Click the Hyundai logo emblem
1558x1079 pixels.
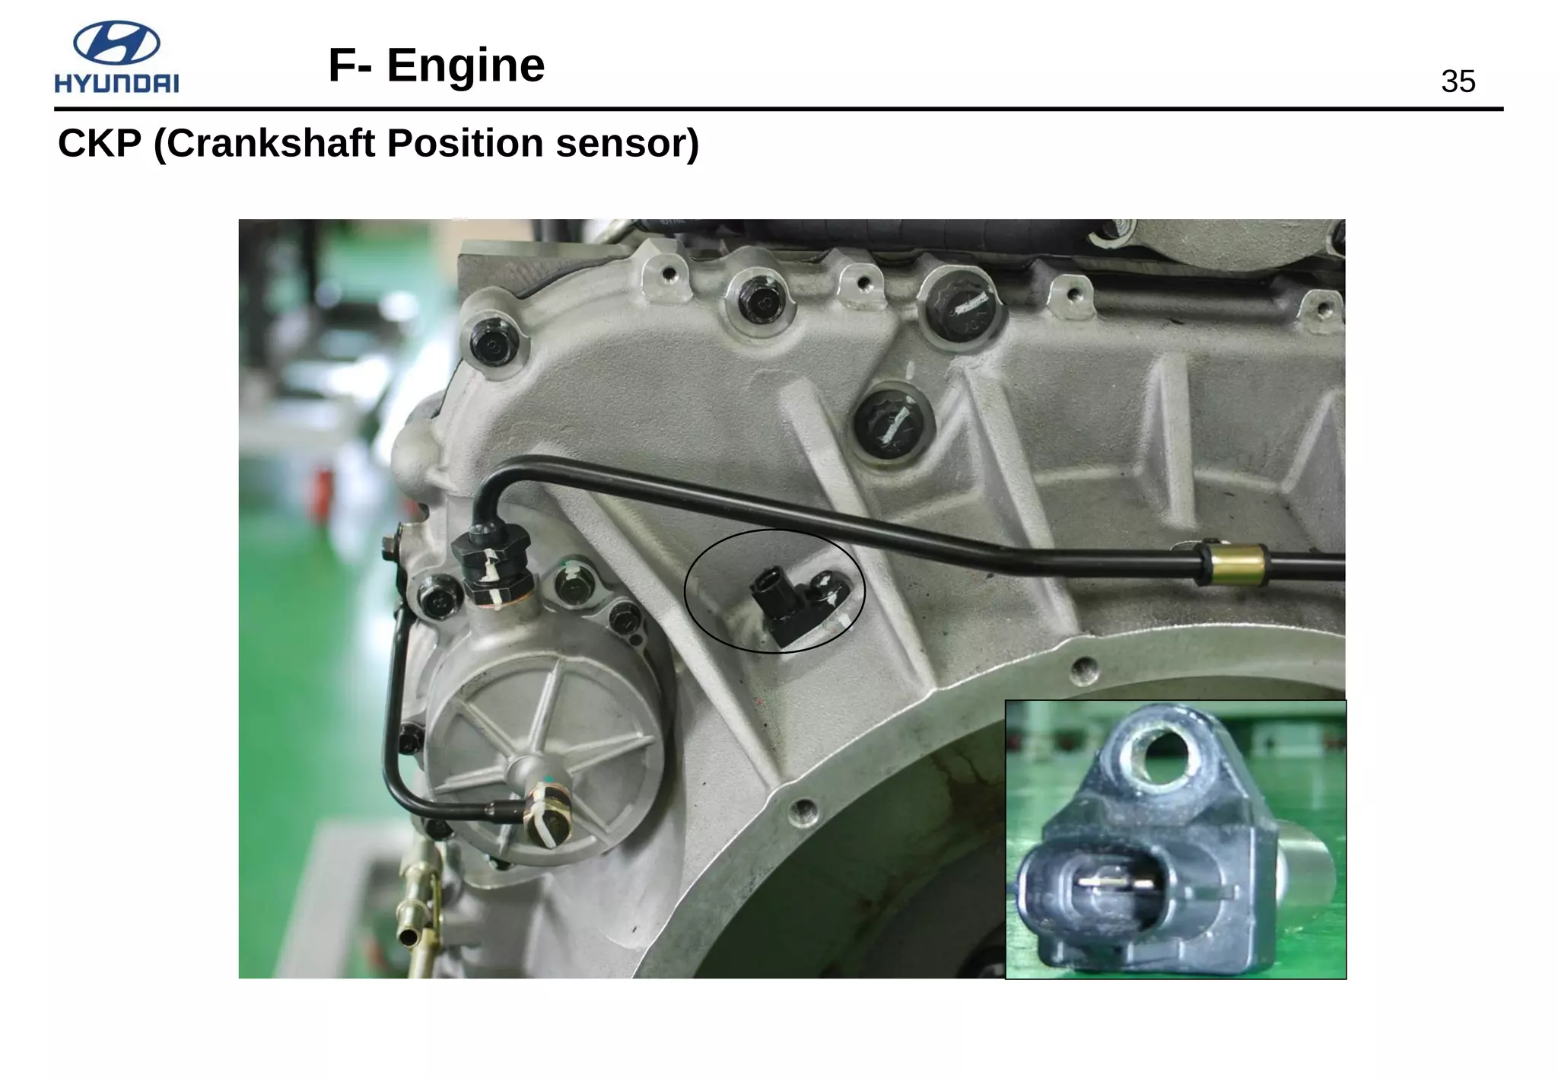click(116, 43)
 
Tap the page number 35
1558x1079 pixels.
click(1458, 82)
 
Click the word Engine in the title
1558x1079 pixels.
click(466, 65)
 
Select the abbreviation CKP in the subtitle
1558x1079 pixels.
click(100, 143)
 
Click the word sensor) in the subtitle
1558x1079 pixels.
click(627, 143)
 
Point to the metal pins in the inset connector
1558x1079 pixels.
click(1116, 883)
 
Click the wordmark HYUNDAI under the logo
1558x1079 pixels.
click(116, 83)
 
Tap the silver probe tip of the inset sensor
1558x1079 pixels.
click(1308, 875)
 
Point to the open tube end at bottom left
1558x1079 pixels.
click(409, 936)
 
